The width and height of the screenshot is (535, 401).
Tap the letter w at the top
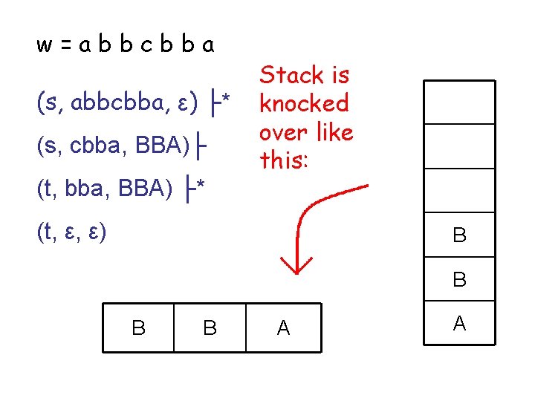pos(44,46)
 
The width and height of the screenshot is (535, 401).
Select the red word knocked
pos(303,103)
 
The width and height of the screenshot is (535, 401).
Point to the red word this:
pos(283,160)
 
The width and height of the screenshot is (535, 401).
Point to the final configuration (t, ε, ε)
pos(72,233)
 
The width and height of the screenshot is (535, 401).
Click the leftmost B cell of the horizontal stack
pos(138,327)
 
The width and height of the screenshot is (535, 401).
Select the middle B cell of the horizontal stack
pos(210,327)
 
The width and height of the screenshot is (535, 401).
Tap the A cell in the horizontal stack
pos(283,327)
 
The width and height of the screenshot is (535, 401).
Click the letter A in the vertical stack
pos(459,323)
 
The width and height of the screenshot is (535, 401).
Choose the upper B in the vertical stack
pos(459,236)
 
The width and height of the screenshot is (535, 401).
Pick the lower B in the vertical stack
pos(459,280)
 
